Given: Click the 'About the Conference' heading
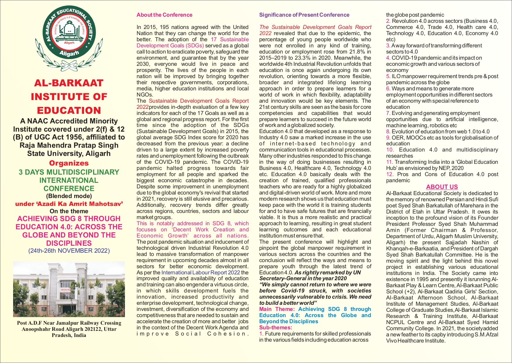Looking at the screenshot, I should coord(164,15).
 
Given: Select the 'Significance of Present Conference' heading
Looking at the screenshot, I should coord(304,15).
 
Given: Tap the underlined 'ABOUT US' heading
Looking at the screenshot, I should coord(442,187).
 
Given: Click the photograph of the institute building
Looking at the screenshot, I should coord(69,289).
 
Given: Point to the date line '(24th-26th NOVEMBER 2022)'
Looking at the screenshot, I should coord(69,251).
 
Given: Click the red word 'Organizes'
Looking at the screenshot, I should coord(69,163).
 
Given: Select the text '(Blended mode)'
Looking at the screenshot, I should coord(69,196).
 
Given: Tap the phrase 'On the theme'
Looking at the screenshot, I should coord(69,211).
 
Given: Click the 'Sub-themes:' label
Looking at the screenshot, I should coord(274,328).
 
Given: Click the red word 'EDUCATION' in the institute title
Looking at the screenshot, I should coord(69,111).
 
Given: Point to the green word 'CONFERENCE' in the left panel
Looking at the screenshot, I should coord(69,189).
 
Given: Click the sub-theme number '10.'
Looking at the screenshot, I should coord(390,150).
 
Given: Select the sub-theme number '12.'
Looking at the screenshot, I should coord(390,174).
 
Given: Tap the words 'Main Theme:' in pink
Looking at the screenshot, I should coord(277,309).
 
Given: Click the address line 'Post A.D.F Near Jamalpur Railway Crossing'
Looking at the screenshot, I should coord(69,323).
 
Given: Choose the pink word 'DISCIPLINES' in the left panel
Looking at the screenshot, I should coord(69,243).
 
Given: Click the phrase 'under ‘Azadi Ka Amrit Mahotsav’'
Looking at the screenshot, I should coord(69,204).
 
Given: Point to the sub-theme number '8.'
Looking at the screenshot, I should coord(388,132).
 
